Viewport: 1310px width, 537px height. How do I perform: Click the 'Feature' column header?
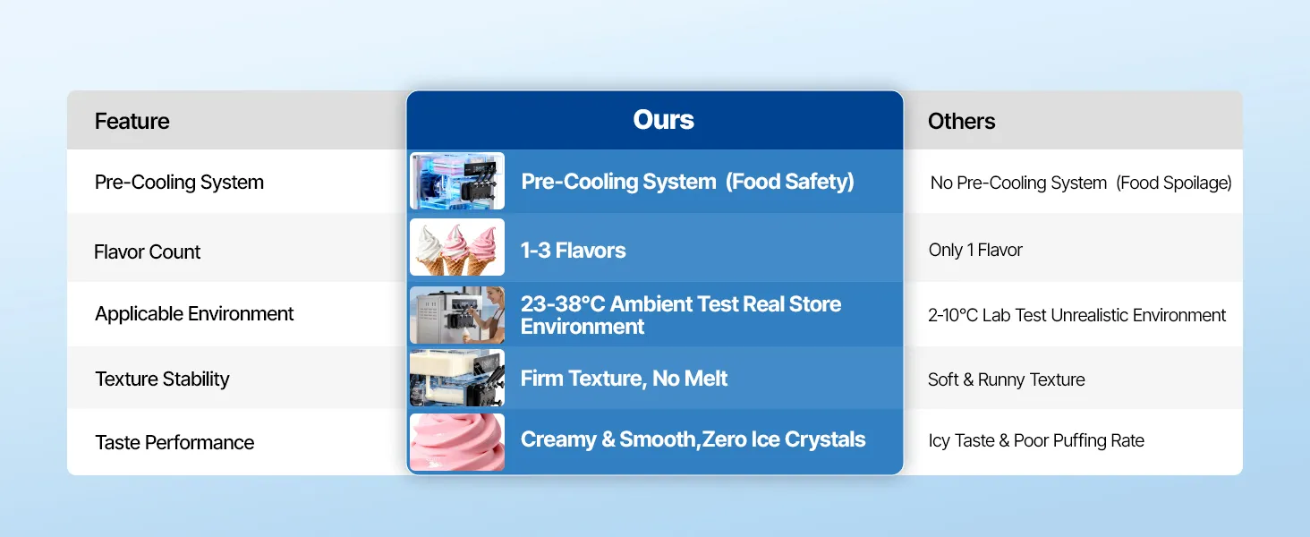tap(132, 121)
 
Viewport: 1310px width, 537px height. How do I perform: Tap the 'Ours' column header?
tap(663, 119)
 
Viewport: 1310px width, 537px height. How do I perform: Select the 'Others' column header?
tap(961, 121)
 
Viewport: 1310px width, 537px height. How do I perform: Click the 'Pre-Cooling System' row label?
tap(179, 183)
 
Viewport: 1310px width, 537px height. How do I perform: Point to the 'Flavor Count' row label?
tap(147, 251)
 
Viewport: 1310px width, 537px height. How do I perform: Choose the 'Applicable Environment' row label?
tap(194, 314)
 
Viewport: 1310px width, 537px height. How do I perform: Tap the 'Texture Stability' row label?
tap(162, 379)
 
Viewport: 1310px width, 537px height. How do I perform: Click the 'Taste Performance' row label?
tap(174, 442)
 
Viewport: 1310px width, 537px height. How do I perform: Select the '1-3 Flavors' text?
tap(573, 251)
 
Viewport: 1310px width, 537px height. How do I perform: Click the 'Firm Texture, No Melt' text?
tap(624, 379)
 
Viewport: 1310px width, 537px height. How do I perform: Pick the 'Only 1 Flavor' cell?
tap(975, 250)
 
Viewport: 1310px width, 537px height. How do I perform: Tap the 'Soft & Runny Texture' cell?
tap(1007, 379)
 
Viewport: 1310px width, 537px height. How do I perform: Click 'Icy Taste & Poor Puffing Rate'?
tap(1036, 440)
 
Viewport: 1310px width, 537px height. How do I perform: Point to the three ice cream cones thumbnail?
tap(457, 247)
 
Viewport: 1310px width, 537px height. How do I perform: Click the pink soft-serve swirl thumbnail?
tap(457, 441)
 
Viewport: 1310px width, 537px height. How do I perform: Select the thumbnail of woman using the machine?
tap(457, 315)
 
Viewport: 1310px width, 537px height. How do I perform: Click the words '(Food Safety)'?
tap(790, 182)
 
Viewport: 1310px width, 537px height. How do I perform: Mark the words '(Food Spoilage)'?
tap(1174, 183)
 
